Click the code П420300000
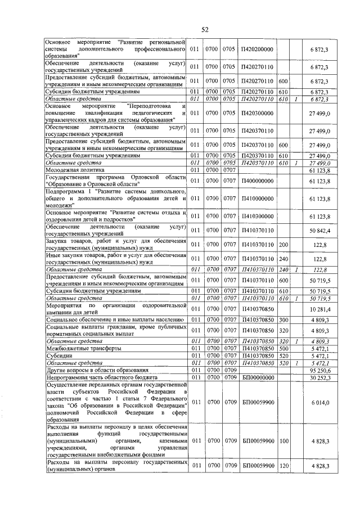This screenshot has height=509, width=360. point(256,113)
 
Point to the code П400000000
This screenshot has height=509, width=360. point(256,181)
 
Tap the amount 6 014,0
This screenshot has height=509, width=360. point(320,403)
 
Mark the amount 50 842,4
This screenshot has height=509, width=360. point(319,231)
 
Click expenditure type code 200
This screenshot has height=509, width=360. point(283,245)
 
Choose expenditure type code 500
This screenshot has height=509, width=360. point(283,348)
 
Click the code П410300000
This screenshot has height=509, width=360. point(256,216)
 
